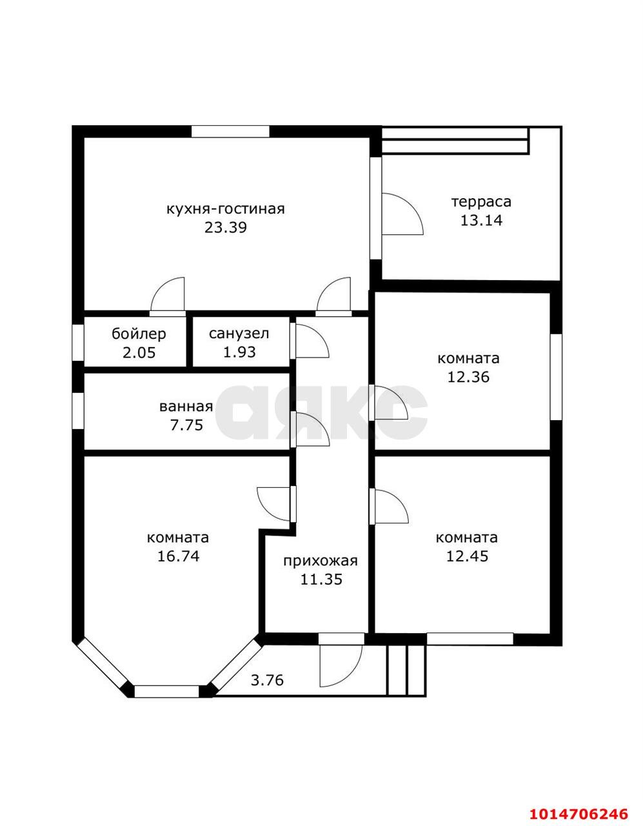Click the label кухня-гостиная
point(226,210)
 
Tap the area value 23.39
point(226,228)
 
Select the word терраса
point(481,202)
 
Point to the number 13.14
point(481,221)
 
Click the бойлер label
point(139,334)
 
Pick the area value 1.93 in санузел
point(239,352)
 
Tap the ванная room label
point(186,407)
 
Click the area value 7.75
point(186,425)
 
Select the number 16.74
point(178,556)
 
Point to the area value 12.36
point(468,377)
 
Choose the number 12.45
point(467,556)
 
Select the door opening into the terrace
point(402,214)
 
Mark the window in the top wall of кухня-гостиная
point(230,132)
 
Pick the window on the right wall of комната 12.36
point(556,377)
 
